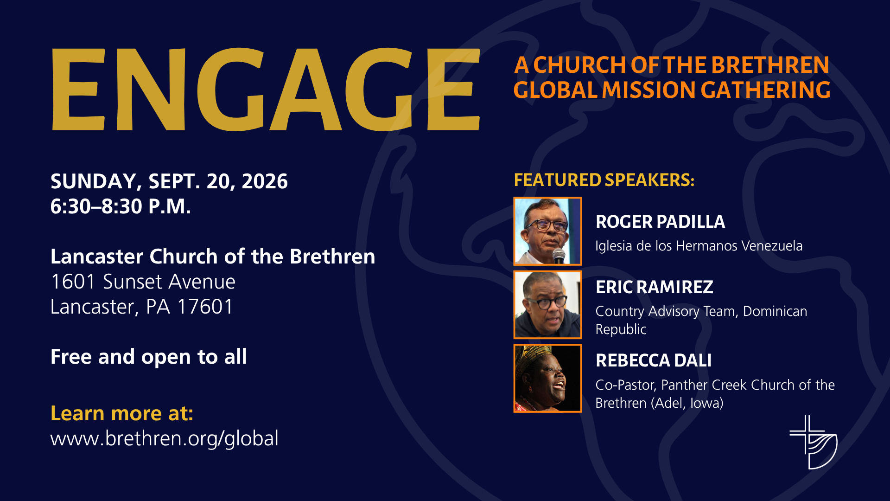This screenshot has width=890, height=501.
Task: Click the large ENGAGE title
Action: (266, 89)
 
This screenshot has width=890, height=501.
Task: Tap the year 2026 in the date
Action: (265, 181)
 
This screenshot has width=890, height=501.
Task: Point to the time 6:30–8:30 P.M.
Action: (121, 206)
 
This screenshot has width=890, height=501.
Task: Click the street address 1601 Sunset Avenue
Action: (143, 282)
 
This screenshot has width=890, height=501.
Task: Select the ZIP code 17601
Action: (205, 307)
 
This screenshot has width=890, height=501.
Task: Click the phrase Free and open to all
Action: (148, 357)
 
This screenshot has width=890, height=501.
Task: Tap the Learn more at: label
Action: (122, 413)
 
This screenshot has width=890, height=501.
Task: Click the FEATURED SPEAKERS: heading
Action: (604, 180)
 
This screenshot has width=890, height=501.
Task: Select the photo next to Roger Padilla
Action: (547, 231)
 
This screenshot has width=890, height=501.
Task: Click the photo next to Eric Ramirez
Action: (547, 305)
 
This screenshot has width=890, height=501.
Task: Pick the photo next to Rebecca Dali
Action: (547, 378)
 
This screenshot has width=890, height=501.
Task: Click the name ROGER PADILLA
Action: (660, 222)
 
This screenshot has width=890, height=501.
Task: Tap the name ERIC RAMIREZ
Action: (654, 287)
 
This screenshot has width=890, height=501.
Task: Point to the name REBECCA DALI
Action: (654, 360)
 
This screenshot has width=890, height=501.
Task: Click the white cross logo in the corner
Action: (814, 442)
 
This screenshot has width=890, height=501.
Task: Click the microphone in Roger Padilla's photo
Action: (559, 256)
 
